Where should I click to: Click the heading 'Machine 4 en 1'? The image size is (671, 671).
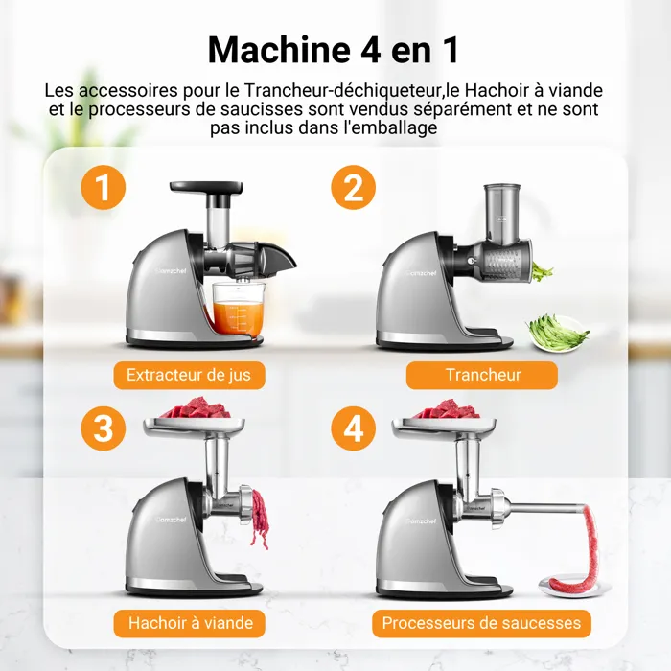pos(334,50)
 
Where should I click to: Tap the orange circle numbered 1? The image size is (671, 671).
pos(104,188)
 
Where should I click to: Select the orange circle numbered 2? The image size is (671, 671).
pos(353,188)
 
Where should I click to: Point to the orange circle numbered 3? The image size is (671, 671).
pos(104,428)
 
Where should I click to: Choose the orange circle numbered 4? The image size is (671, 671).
pos(353,428)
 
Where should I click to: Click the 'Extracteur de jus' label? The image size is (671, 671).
pos(189,376)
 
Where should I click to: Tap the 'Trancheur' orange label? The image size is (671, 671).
pos(482,376)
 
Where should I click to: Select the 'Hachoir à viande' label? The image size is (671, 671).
pos(189,623)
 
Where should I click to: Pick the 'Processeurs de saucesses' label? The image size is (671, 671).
pos(481,623)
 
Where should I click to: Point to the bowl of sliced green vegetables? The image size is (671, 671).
pos(557,333)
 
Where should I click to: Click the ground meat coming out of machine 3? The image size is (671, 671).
pos(260,519)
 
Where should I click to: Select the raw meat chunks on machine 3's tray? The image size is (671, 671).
pos(194,408)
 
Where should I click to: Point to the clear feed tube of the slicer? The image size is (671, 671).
pos(501,212)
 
